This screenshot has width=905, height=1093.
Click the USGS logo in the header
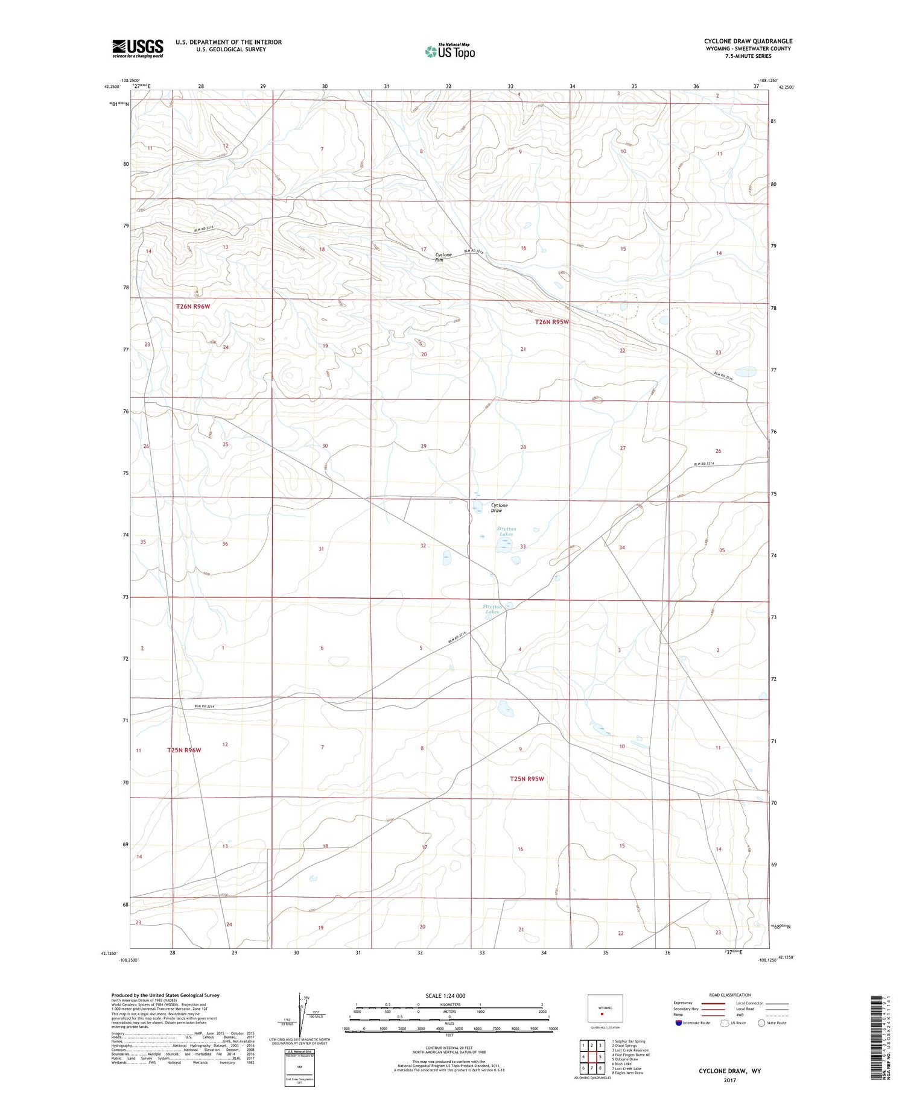click(x=138, y=48)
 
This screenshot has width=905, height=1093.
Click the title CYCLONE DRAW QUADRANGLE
click(x=748, y=41)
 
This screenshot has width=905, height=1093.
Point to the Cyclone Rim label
click(x=443, y=257)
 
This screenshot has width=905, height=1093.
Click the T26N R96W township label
click(x=193, y=306)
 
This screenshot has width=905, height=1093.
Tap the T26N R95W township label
click(x=552, y=322)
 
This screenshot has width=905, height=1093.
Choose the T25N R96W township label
click(x=184, y=750)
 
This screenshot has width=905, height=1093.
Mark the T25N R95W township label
click(x=527, y=779)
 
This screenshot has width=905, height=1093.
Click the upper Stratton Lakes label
click(x=506, y=531)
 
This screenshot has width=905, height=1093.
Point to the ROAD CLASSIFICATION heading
click(x=730, y=995)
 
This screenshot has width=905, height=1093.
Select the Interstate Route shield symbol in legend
click(x=679, y=1022)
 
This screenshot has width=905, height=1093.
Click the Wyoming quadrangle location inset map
click(x=605, y=1008)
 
